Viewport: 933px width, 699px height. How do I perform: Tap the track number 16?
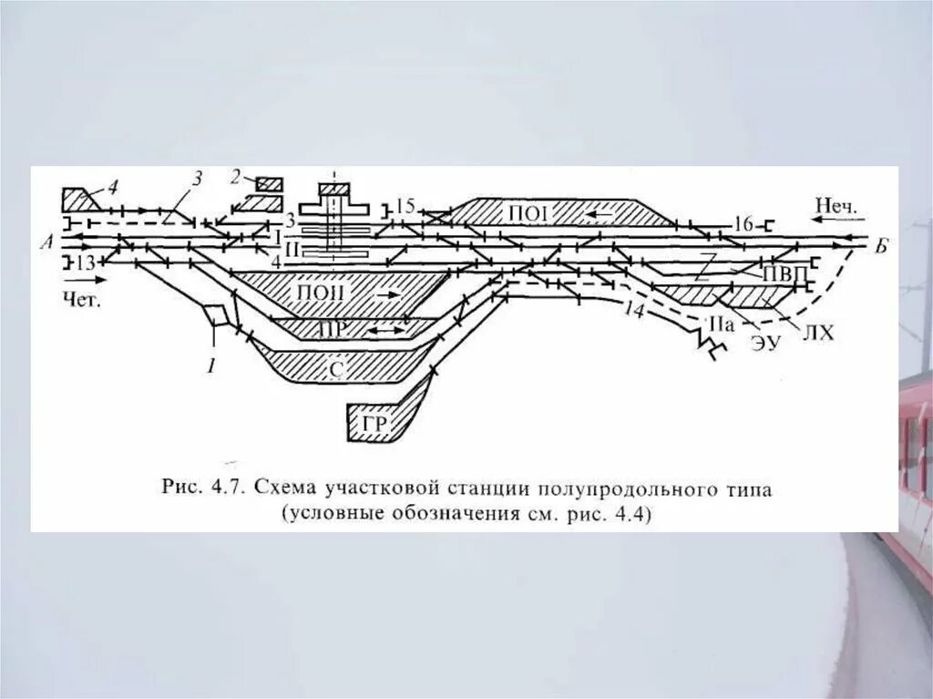coord(743,222)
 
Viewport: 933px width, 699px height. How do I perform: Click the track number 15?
coord(405,206)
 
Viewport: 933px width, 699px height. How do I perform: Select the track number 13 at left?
coord(85,263)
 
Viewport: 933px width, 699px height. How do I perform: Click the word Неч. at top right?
coord(837,206)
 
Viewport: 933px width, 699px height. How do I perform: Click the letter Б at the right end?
coord(880,244)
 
